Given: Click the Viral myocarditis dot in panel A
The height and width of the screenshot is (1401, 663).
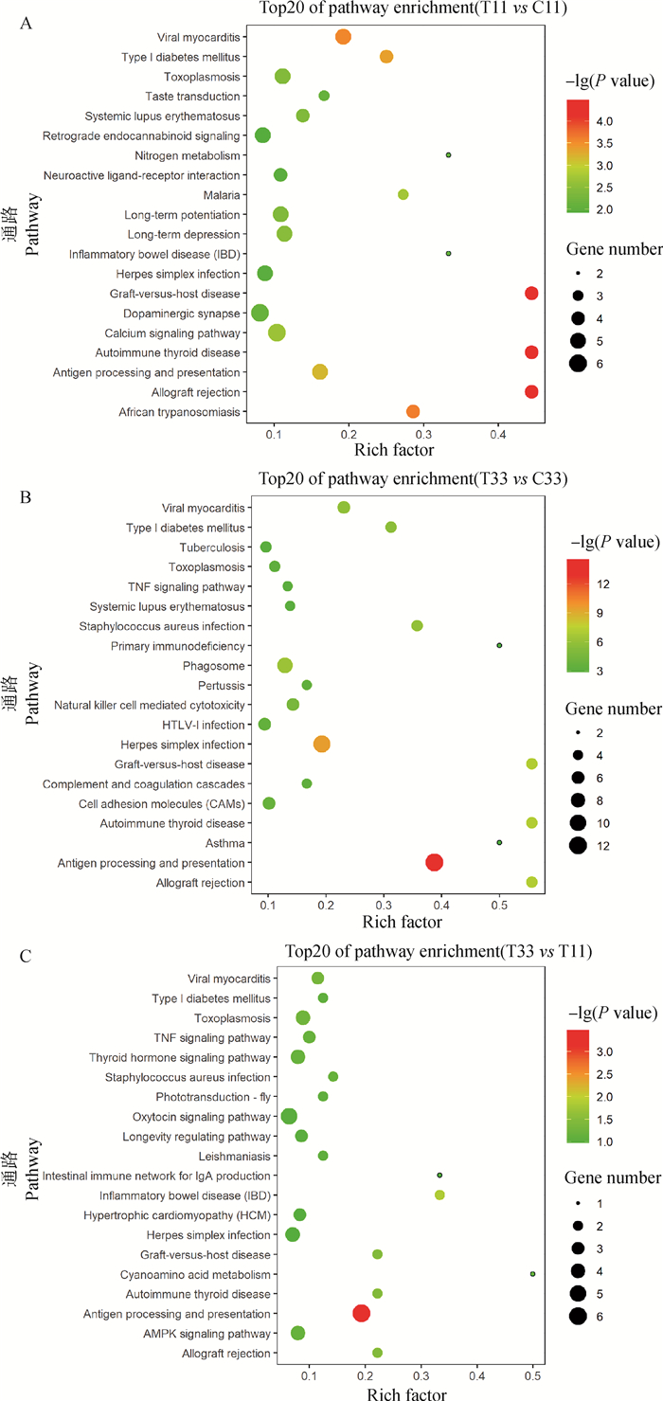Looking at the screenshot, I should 343,37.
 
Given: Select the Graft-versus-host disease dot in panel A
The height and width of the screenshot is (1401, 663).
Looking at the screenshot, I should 531,294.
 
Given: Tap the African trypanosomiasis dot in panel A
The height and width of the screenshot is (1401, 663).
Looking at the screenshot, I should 413,411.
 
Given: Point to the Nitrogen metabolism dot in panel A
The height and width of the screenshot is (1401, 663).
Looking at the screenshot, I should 448,155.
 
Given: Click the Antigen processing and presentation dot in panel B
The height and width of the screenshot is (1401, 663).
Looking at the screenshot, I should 435,862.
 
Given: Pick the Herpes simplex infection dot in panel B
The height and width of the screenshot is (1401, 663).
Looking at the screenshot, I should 322,745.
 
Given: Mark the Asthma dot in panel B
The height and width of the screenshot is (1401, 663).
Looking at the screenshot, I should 499,842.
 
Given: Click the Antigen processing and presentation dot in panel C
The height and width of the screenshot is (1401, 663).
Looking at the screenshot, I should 361,1313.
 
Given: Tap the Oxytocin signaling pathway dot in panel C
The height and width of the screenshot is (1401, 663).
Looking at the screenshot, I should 289,1116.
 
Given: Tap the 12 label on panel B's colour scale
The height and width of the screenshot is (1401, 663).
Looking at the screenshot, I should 604,584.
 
